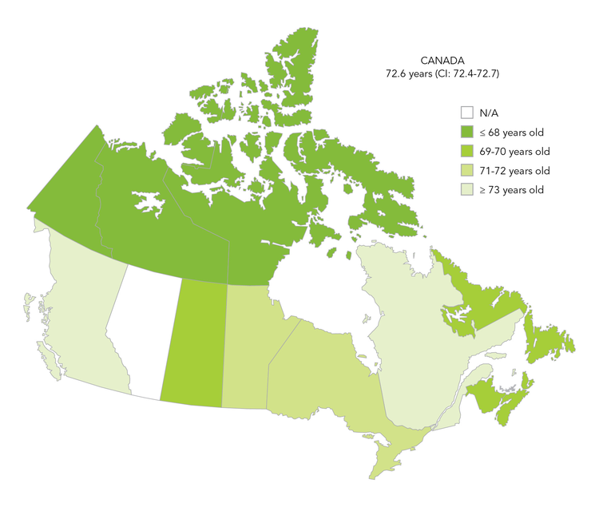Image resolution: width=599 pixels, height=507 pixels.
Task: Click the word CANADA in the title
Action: (443, 61)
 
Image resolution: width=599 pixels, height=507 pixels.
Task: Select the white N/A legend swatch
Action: (467, 113)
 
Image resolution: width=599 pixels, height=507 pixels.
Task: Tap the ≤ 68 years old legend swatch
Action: (467, 132)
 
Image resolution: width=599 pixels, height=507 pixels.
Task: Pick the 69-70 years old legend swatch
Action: (467, 151)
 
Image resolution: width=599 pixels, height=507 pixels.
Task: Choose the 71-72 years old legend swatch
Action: (467, 170)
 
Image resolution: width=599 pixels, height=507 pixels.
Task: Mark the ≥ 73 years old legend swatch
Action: (467, 189)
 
